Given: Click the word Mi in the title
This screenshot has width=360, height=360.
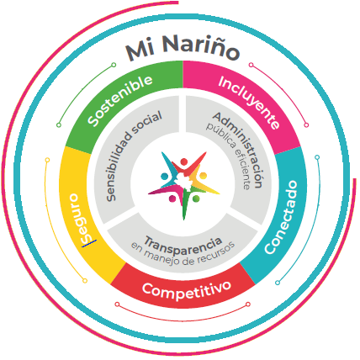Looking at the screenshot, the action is tap(140, 50).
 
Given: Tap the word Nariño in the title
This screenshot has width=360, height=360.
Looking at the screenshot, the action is tap(200, 47).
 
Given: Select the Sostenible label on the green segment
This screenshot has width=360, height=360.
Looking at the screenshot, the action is tap(119, 99).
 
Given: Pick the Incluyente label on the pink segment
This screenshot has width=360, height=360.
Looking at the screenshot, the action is tap(249, 102).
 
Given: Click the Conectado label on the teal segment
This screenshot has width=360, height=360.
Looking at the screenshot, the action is tap(281, 218).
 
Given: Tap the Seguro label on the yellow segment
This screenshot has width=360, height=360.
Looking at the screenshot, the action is tap(80, 218).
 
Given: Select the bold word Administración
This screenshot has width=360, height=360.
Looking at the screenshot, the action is tap(239, 149).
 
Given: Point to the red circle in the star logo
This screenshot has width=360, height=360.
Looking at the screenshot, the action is tap(184, 161).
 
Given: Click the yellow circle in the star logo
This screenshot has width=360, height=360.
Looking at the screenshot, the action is tap(203, 176).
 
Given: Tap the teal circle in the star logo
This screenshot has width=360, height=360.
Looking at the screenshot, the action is tap(164, 177).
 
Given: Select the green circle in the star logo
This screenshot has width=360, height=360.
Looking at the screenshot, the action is tap(196, 199).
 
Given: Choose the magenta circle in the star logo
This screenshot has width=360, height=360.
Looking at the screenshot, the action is tap(172, 199).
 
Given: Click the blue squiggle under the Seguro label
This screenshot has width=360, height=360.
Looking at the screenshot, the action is tap(89, 243).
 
